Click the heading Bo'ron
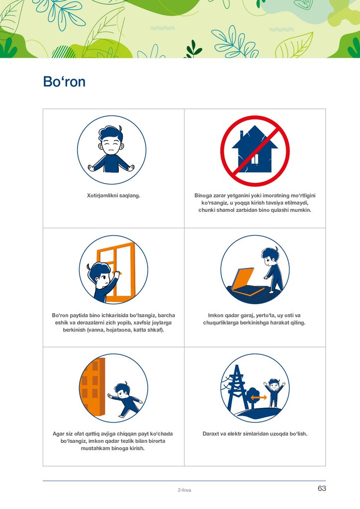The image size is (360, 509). [x=64, y=82]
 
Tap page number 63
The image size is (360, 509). [x=322, y=488]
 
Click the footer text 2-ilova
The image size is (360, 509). [x=184, y=490]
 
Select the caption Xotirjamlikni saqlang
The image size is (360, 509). [x=113, y=195]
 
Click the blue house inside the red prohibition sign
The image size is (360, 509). [x=255, y=149]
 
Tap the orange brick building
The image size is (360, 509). [x=92, y=386]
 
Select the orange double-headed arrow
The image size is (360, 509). [x=259, y=397]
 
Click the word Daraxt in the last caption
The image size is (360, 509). [x=211, y=433]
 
